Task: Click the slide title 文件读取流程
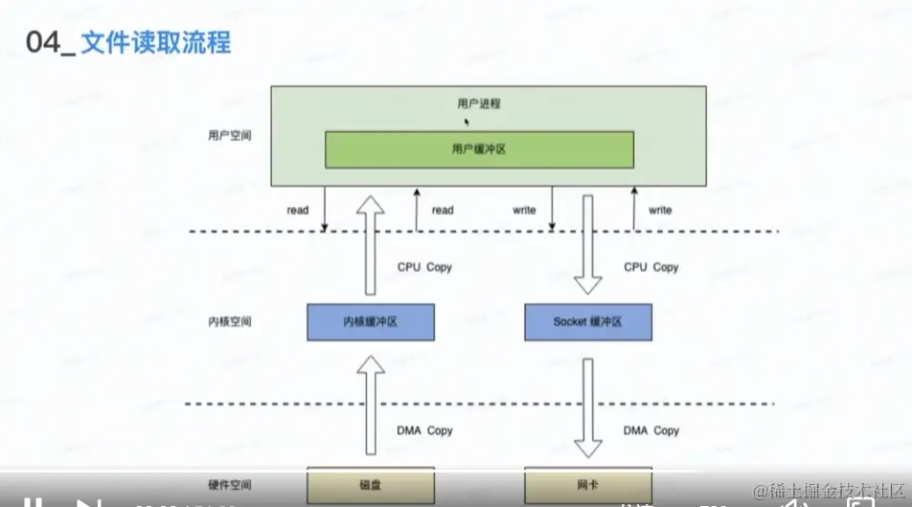155,43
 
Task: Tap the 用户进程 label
479,104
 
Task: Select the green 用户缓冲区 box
479,150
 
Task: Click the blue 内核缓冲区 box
370,322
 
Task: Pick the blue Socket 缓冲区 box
587,322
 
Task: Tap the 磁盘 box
370,484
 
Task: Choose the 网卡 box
587,484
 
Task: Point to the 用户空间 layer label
229,135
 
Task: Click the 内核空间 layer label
229,322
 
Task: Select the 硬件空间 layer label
229,484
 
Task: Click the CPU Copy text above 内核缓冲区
424,267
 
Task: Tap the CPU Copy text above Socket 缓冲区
650,267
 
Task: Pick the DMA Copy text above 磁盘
424,430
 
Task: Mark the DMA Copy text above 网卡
650,430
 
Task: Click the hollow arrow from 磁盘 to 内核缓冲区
370,403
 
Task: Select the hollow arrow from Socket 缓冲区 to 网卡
587,403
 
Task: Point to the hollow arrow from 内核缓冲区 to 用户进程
370,244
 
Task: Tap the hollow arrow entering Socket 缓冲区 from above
587,244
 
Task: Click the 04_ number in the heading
47,44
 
